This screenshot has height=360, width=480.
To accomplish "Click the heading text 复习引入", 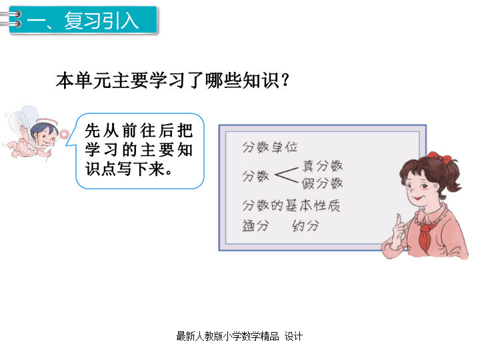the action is (101, 21).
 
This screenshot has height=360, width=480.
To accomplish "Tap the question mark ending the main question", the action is (285, 80).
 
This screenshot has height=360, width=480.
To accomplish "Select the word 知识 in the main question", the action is (261, 81).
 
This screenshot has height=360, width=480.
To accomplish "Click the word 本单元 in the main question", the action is (83, 81).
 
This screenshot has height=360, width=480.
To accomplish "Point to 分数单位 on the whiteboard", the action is (270, 147).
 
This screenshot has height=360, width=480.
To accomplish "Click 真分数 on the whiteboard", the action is (323, 165).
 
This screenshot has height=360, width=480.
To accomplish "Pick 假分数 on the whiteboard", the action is (322, 183).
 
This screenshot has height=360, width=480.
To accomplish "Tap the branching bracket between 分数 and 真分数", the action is (287, 175).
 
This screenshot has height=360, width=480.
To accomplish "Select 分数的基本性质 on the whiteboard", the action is (291, 205).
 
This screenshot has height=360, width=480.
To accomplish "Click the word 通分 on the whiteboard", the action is (255, 226).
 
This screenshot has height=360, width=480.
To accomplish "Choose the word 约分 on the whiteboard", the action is (305, 226).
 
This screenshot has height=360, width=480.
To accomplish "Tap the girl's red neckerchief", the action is (425, 235).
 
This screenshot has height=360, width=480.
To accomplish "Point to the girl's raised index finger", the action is (398, 221).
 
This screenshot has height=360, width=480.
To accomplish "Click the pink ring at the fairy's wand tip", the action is (64, 134).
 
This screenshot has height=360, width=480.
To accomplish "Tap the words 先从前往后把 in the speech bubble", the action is (139, 131).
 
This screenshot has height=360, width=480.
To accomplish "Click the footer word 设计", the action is (293, 336).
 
